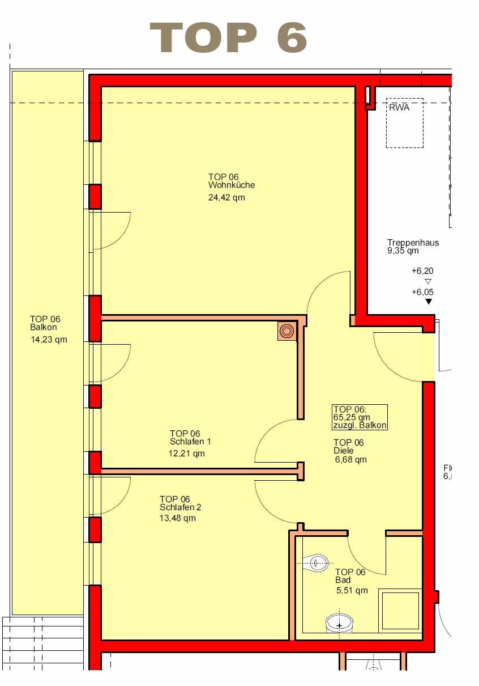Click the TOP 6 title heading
click(x=228, y=37)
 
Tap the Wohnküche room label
click(x=232, y=185)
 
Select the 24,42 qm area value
click(x=226, y=197)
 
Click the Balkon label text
click(x=44, y=327)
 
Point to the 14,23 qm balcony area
click(x=49, y=340)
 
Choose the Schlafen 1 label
click(x=190, y=442)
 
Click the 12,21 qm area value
click(x=187, y=454)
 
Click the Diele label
click(x=344, y=451)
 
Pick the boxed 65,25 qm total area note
click(x=360, y=417)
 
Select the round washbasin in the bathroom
click(x=339, y=623)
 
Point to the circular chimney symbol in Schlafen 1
click(x=287, y=331)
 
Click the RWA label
click(x=399, y=108)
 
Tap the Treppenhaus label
click(x=413, y=243)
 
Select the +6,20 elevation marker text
click(x=422, y=271)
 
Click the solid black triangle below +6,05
click(x=429, y=302)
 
